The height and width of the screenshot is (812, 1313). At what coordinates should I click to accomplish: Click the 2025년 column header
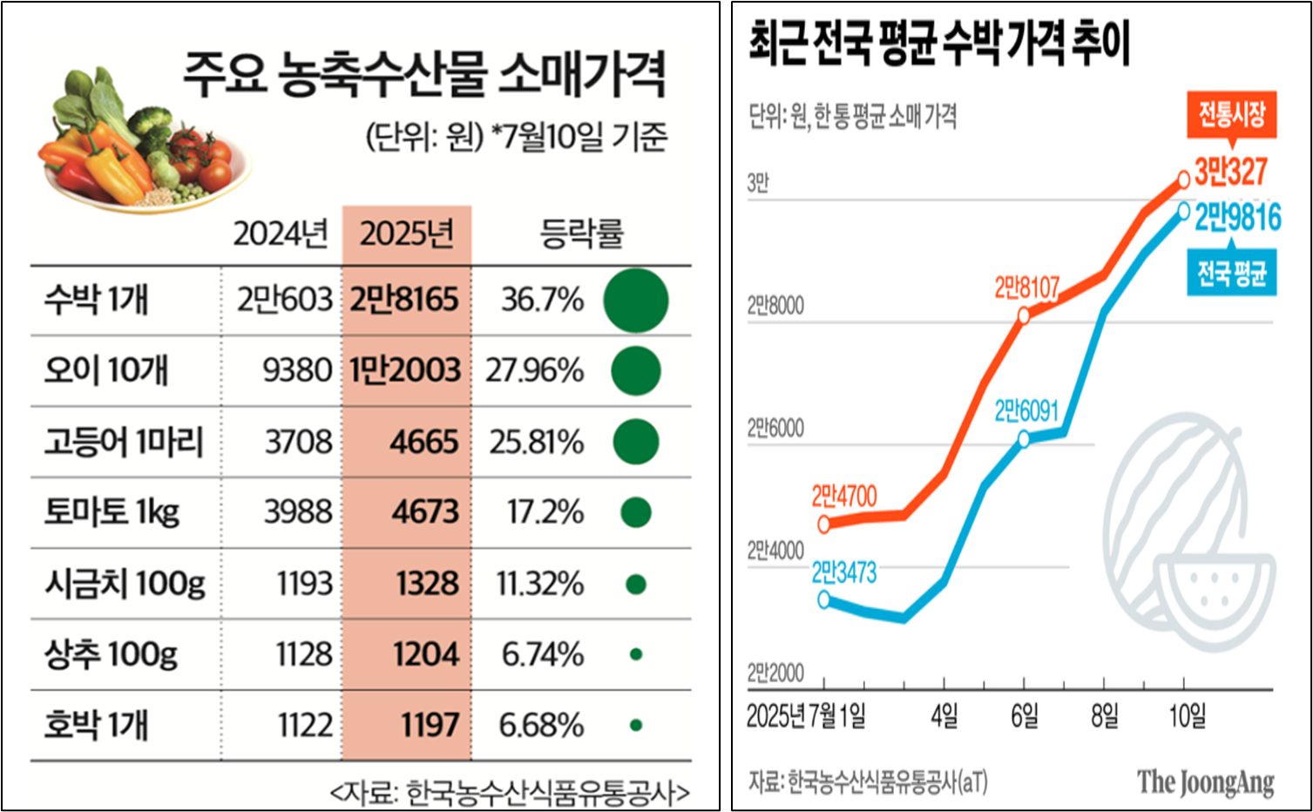pos(406,233)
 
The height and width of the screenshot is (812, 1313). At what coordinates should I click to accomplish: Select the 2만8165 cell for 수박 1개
pos(404,300)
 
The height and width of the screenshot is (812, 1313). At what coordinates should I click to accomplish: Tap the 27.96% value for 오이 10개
pos(534,370)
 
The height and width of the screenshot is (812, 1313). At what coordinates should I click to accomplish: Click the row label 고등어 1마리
pos(124,442)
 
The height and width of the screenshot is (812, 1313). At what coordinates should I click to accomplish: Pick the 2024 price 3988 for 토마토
pos(298,512)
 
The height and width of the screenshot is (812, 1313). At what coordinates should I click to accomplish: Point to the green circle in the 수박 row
pos(636,301)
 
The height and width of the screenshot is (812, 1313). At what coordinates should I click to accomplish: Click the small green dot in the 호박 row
pos(636,725)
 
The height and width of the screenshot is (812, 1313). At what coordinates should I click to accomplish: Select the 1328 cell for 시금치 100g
pos(427,584)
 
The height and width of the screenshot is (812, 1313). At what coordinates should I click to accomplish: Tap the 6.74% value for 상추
pos(542,654)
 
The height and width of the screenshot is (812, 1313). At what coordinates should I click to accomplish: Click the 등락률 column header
pos(581,233)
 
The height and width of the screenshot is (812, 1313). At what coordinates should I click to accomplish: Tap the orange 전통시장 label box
pos(1231,115)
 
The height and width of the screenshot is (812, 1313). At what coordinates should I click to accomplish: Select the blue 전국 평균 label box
pos(1231,274)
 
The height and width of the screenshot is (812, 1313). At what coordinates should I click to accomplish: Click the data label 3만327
pos(1230,172)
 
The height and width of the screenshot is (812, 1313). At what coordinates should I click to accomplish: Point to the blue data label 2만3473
pos(843,572)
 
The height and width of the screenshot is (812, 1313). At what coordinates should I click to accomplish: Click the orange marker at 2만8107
pos(1024,316)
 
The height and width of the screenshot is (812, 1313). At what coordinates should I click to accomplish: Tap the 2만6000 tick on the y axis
pos(775,429)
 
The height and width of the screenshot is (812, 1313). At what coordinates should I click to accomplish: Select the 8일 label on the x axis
pos(1104,716)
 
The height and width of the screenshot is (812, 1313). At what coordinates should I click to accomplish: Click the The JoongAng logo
pos(1205,782)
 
